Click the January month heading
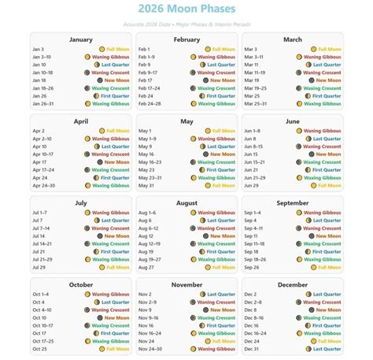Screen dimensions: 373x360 tap(80, 39)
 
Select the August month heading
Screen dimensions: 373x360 tap(186, 202)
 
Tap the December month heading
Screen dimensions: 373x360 tap(292, 284)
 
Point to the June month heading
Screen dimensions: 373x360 tap(292, 121)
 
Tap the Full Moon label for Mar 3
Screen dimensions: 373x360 tap(327, 49)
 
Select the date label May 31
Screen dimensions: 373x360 tap(146, 186)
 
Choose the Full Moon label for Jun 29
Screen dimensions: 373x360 tap(327, 186)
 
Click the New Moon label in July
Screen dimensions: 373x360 tap(116, 236)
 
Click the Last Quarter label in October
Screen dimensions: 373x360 tap(115, 302)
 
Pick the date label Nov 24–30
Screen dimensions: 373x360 tap(150, 348)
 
